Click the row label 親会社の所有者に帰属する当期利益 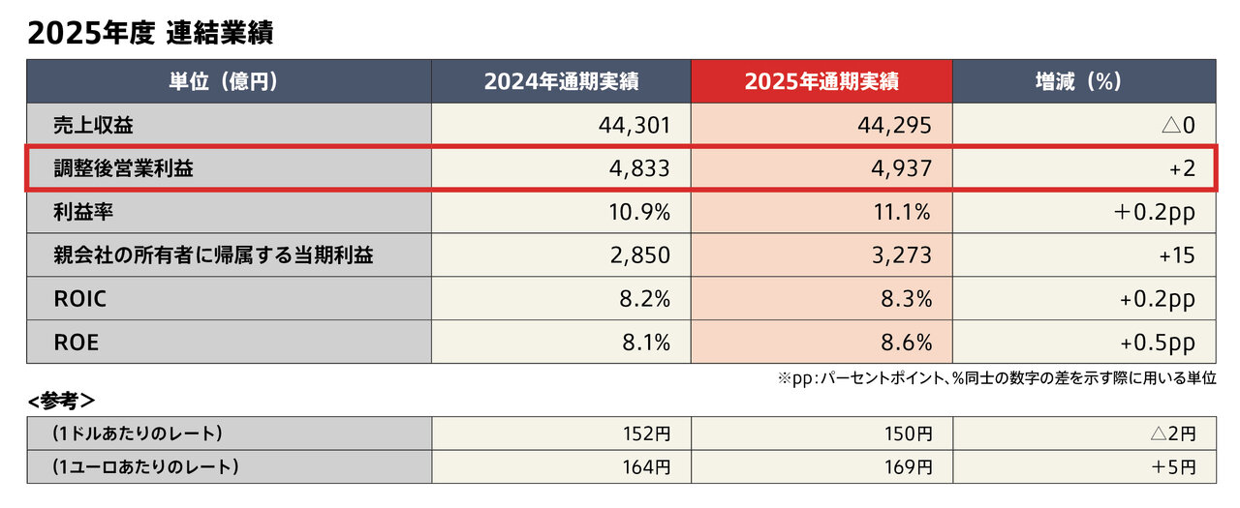coord(213,255)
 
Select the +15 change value coord(1176,255)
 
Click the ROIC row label coord(80,299)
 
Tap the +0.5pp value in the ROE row coord(1157,343)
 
